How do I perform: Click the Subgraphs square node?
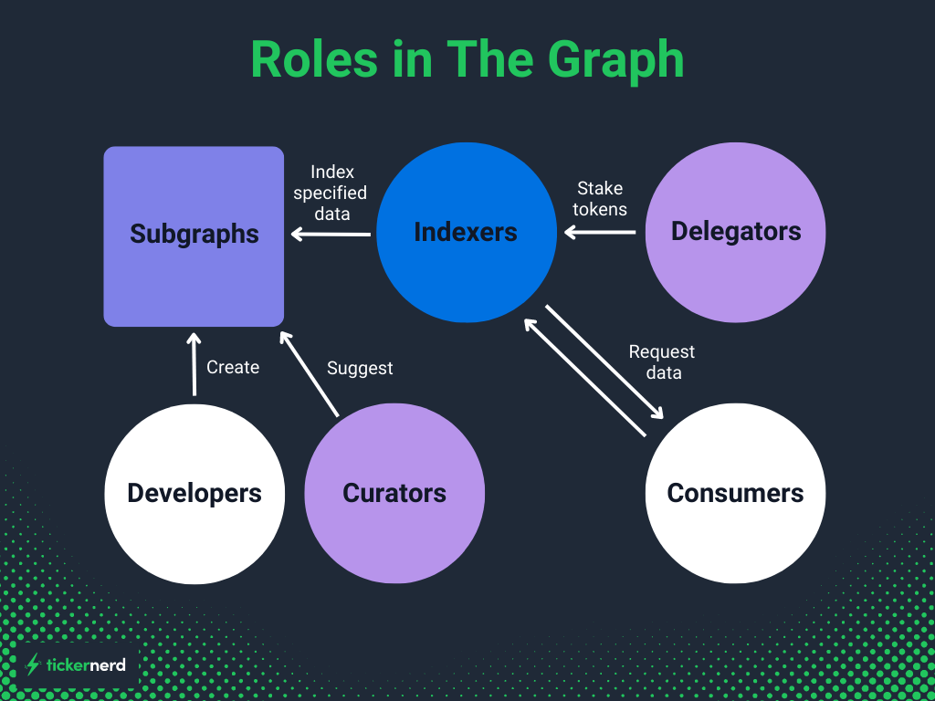194,235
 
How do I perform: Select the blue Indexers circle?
467,232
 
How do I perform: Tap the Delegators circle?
735,232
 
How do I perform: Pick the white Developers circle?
194,493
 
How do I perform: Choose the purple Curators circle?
394,493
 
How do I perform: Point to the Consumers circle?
735,493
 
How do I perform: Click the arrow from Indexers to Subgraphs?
331,235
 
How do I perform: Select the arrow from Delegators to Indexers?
600,232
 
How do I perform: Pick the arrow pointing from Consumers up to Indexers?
584,377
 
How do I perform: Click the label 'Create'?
233,367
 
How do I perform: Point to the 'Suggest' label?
360,368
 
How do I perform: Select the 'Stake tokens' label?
600,198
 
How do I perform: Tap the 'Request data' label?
662,361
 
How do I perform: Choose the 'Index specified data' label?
331,193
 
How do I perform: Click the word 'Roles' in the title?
314,60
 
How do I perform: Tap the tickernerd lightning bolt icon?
34,664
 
